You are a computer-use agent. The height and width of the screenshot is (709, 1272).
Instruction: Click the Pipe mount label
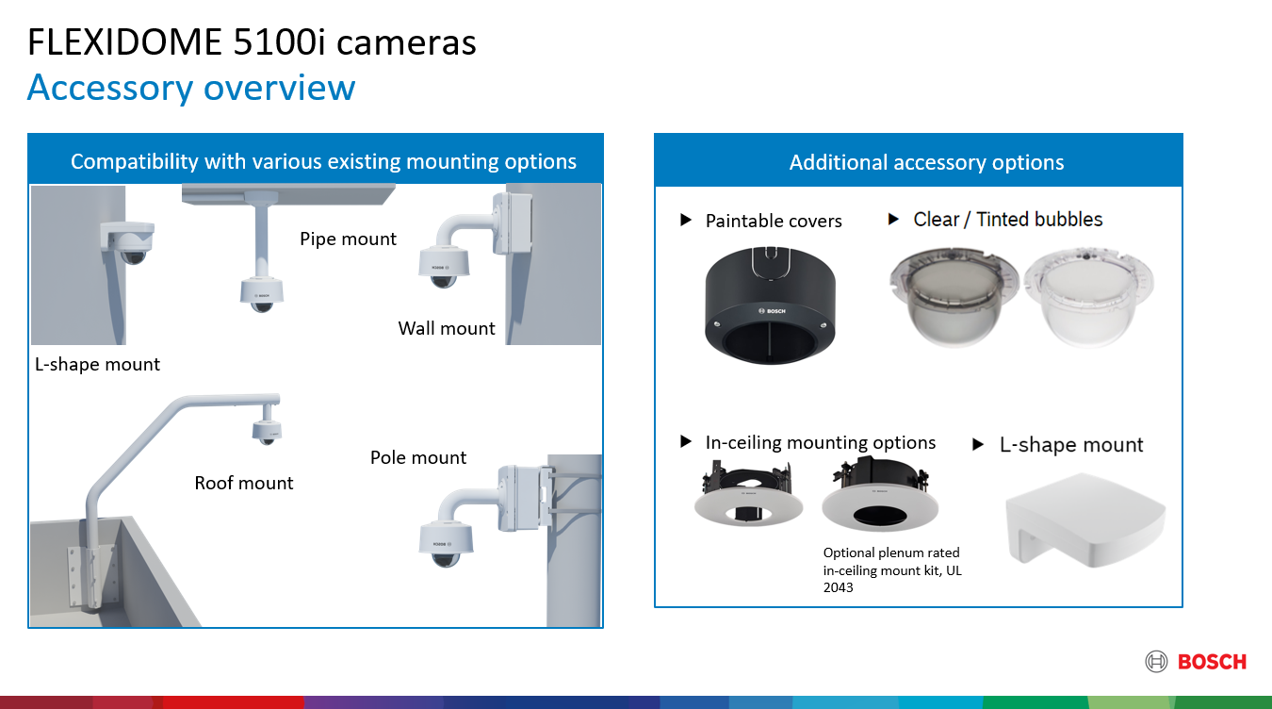click(348, 239)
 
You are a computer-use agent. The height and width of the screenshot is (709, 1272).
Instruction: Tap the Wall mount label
click(447, 328)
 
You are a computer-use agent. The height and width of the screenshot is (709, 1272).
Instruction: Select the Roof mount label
click(244, 483)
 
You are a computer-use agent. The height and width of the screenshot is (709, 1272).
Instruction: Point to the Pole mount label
click(418, 457)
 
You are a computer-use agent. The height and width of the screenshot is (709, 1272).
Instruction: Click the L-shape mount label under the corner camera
click(97, 364)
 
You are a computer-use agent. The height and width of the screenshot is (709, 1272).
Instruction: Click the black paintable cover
click(770, 305)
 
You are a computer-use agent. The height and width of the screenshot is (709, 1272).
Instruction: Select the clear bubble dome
click(1088, 297)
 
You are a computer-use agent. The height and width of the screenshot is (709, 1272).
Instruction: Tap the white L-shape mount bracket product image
click(1085, 520)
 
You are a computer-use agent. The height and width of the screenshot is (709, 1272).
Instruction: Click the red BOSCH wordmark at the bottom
click(1212, 662)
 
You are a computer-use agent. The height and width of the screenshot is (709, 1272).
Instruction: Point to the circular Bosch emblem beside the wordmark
click(1156, 662)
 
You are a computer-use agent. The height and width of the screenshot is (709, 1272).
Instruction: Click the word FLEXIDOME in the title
click(124, 42)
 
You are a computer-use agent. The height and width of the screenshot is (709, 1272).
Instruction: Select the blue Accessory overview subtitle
click(191, 88)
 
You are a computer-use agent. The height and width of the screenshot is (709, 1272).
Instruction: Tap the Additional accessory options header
click(926, 162)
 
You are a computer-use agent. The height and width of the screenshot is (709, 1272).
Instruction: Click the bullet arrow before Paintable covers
click(686, 220)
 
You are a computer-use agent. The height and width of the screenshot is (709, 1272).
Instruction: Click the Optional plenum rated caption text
click(892, 569)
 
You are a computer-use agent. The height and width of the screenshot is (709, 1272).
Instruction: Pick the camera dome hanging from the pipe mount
click(261, 295)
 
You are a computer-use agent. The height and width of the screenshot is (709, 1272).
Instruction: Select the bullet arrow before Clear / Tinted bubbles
click(893, 219)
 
